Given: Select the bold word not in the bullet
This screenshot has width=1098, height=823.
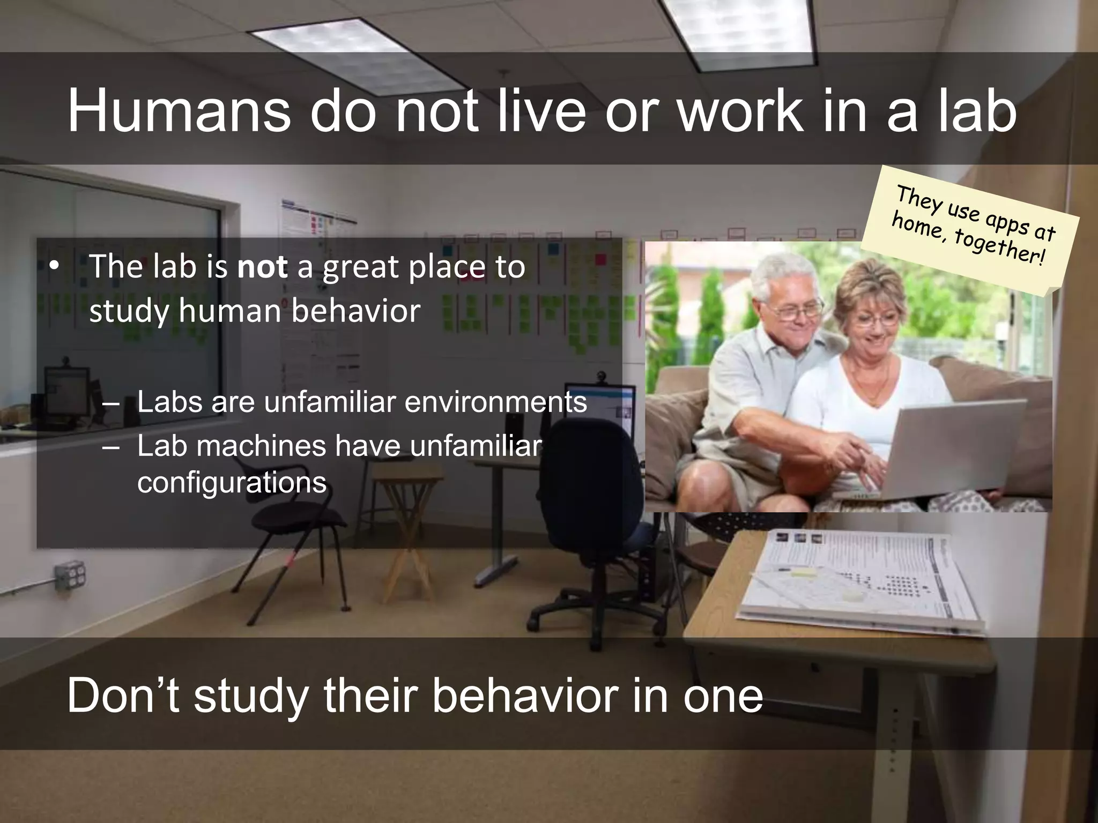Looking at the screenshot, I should click(x=262, y=266).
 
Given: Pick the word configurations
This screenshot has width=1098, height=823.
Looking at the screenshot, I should click(x=232, y=482).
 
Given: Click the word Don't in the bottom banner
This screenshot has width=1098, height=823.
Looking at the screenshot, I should click(x=123, y=695).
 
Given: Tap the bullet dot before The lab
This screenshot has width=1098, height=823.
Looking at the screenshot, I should click(x=53, y=266).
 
